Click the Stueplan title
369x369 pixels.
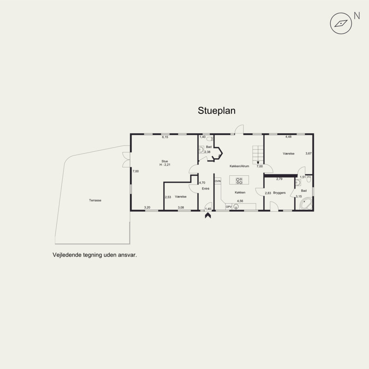[x=216, y=111]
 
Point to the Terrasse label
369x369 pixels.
[x=95, y=201]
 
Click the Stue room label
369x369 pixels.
[x=165, y=161]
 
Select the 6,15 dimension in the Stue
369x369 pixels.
[x=165, y=137]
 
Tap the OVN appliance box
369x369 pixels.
[x=218, y=181]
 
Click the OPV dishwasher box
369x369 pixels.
[x=228, y=207]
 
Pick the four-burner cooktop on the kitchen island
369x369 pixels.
[x=239, y=181]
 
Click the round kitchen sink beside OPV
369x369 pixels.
[x=236, y=207]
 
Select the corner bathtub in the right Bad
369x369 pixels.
[x=306, y=204]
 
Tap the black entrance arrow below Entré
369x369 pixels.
[x=208, y=215]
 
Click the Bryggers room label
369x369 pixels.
[x=280, y=193]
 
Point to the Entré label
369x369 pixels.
[x=205, y=189]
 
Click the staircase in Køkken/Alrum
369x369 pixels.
[x=258, y=155]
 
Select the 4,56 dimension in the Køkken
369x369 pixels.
[x=240, y=201]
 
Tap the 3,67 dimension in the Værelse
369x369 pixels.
[x=309, y=154]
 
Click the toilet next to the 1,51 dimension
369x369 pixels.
[x=309, y=179]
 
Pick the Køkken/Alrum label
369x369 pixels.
[x=239, y=166]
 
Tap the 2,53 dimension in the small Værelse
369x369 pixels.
[x=168, y=197]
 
